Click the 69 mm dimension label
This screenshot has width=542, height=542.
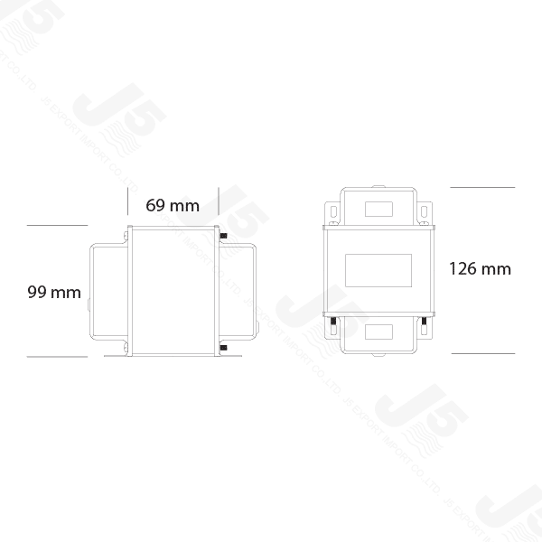[172, 205]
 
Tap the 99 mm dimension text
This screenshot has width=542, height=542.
[53, 292]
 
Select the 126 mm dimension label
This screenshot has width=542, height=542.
[479, 268]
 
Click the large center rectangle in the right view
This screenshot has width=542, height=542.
[378, 269]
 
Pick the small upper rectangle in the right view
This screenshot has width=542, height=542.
[378, 209]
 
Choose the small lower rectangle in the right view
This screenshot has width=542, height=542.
[378, 332]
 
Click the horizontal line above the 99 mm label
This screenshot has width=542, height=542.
[58, 224]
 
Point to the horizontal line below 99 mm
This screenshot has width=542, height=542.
[58, 356]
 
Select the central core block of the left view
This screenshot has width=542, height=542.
[173, 291]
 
